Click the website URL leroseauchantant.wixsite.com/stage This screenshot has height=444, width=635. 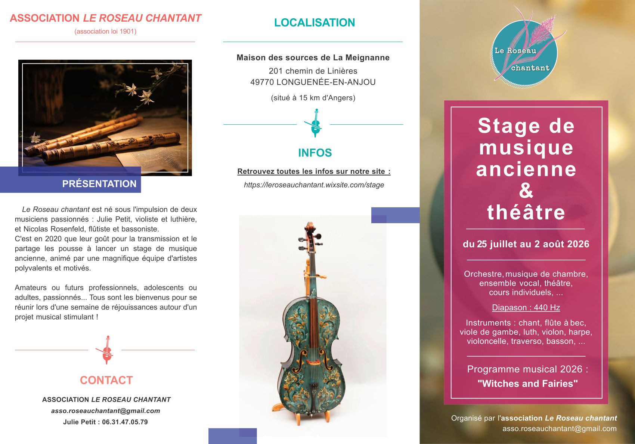314,185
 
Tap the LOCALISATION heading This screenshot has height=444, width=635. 315,23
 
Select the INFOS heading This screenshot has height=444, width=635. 315,153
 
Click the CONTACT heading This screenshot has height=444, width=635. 106,380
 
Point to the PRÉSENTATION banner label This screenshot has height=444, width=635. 99,184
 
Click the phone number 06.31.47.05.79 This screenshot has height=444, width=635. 125,422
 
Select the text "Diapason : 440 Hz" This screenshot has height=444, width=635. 526,308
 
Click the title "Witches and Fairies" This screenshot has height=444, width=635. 527,384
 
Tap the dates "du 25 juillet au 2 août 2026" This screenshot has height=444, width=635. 526,244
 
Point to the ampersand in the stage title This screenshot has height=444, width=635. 526,190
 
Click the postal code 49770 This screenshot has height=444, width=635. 262,82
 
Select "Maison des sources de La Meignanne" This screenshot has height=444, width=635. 313,58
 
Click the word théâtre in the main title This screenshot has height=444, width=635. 526,212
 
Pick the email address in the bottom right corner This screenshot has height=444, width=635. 559,429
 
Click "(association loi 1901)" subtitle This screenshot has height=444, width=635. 105,31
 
